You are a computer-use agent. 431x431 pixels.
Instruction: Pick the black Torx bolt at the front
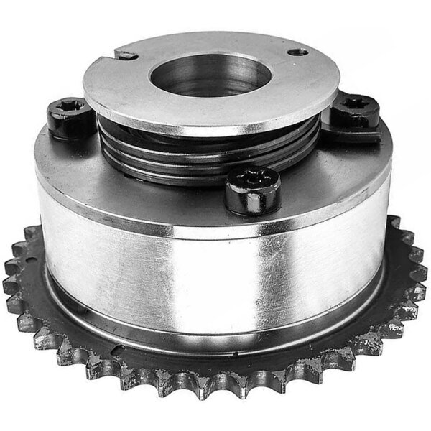point(252,188)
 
